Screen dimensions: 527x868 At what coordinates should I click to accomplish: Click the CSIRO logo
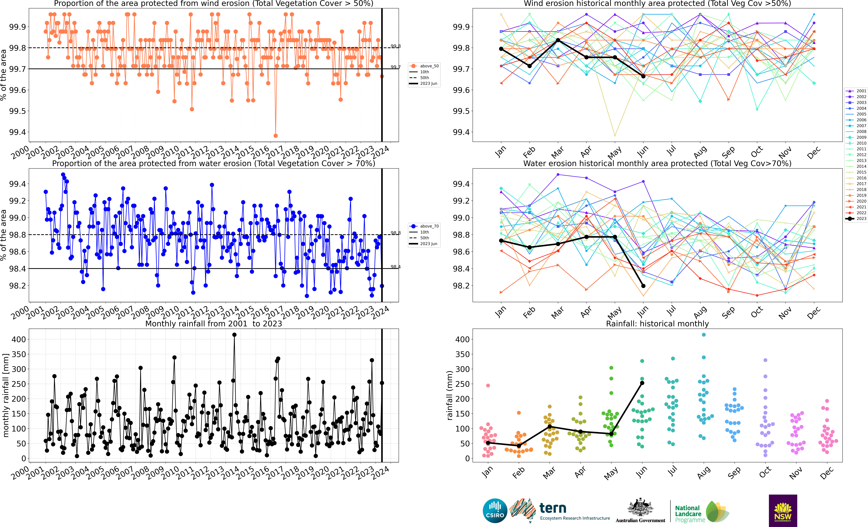[x=495, y=510]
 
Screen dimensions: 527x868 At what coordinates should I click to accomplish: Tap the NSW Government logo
[x=783, y=510]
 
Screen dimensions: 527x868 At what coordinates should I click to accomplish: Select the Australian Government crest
[x=640, y=508]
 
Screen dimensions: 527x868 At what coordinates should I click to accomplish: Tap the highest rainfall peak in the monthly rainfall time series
[x=234, y=335]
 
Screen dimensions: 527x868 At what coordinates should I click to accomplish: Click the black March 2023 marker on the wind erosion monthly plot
[x=558, y=40]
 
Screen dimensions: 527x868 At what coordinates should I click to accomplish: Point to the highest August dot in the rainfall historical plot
[x=704, y=335]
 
